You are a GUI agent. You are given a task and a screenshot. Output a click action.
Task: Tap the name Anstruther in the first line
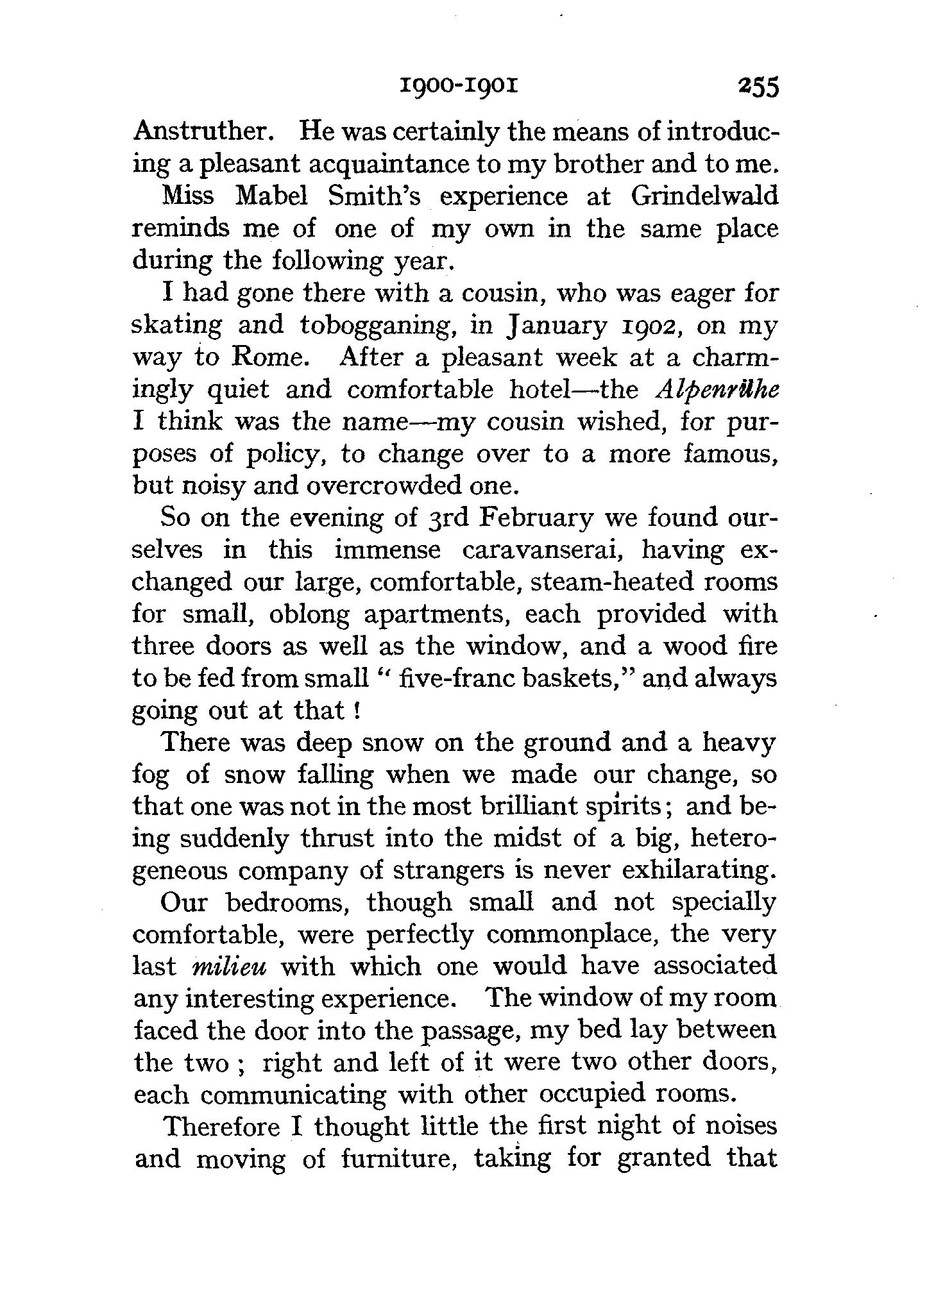204,131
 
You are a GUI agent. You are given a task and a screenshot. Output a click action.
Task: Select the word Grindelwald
704,196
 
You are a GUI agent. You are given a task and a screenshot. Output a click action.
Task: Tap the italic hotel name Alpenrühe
717,390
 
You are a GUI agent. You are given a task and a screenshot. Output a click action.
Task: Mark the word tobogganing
378,326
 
